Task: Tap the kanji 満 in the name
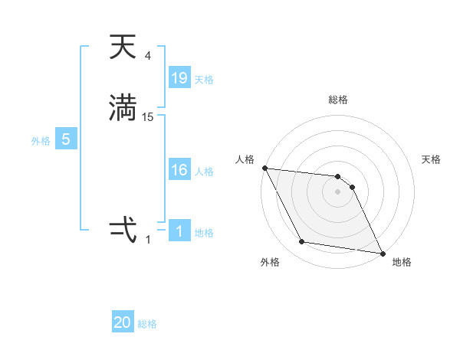(123, 108)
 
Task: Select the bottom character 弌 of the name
(123, 229)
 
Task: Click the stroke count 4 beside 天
(148, 55)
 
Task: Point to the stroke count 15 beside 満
(148, 116)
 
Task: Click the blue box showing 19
(179, 78)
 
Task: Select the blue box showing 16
(179, 170)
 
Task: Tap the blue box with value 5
(66, 139)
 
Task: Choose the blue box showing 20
(123, 322)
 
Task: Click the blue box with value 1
(179, 231)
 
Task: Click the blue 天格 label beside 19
(204, 80)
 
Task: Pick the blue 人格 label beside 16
(204, 172)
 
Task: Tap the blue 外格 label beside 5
(41, 141)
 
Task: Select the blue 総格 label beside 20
(147, 324)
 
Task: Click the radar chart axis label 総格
(338, 100)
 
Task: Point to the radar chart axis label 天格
(432, 159)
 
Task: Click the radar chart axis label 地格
(402, 262)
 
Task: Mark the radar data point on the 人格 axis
(264, 168)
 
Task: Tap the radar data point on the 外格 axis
(302, 242)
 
